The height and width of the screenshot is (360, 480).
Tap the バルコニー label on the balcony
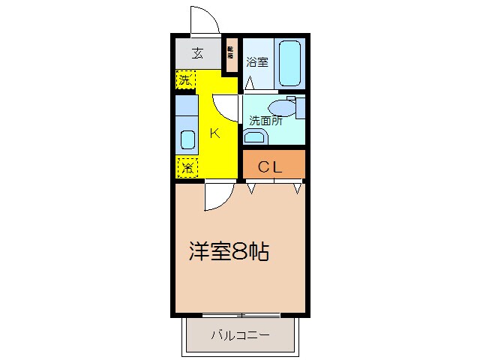[x=239, y=334]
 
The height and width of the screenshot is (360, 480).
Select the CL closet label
[x=271, y=167]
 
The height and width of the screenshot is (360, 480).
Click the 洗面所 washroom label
[x=265, y=120]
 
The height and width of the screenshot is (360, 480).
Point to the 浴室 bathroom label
[x=258, y=63]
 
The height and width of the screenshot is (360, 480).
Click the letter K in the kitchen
[x=214, y=133]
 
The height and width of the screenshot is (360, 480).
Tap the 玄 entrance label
[x=197, y=53]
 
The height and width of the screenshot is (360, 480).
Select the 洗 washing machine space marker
[x=184, y=79]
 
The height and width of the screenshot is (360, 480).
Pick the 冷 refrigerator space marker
[x=186, y=167]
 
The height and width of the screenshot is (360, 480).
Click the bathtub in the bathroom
[x=290, y=63]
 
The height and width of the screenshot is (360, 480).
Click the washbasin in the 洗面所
[x=255, y=136]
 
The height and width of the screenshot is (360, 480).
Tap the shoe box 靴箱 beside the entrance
[x=230, y=53]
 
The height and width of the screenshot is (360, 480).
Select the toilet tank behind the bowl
[x=300, y=106]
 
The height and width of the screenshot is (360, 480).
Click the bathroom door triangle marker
[x=248, y=82]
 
